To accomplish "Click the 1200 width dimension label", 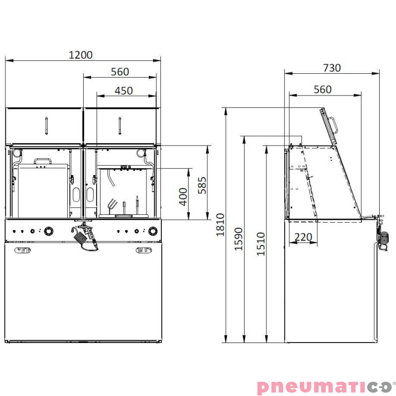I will [x=81, y=54].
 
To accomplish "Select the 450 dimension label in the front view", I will [x=123, y=91].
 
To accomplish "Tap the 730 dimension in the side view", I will [x=332, y=68].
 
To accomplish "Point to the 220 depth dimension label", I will [x=303, y=237].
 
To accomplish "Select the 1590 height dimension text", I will [x=240, y=239].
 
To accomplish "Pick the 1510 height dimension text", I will [x=261, y=244].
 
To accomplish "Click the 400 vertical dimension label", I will [x=184, y=197].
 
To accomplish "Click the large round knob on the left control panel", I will [x=49, y=231].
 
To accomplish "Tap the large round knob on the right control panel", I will [x=153, y=231].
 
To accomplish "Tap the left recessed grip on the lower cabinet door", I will [x=23, y=250].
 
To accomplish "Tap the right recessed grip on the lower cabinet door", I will [x=144, y=250].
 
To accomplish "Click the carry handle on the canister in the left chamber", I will [x=43, y=161].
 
